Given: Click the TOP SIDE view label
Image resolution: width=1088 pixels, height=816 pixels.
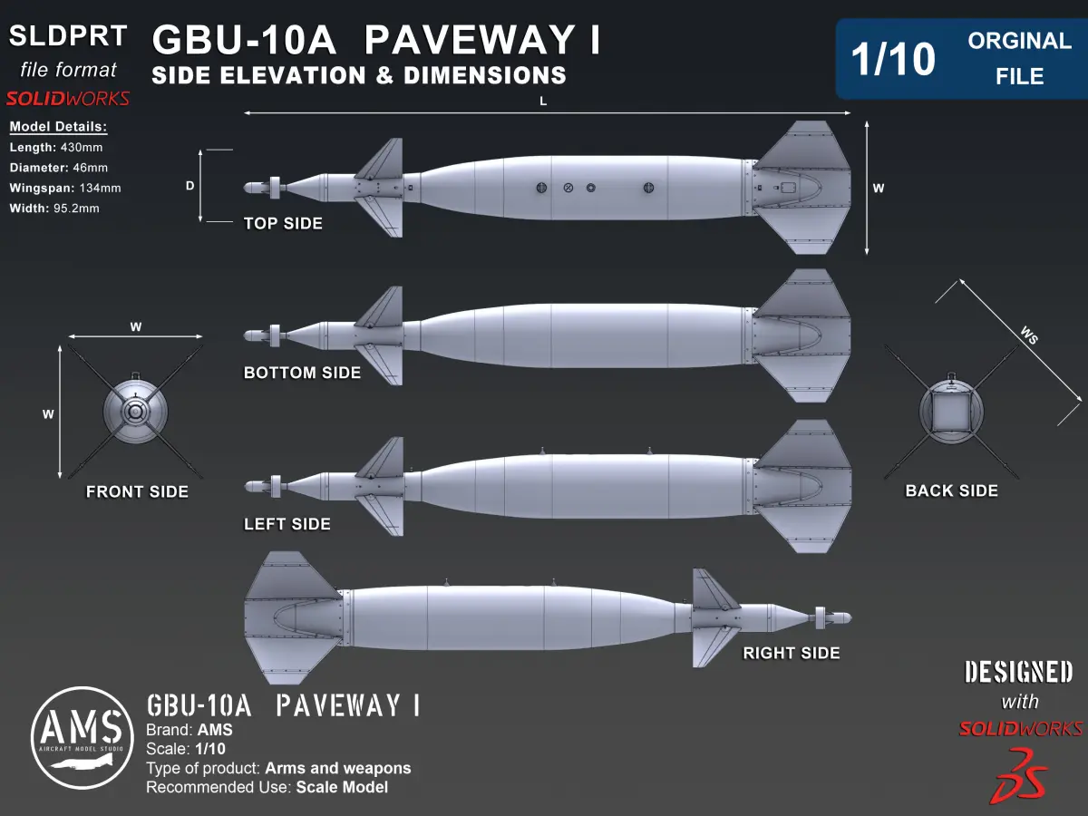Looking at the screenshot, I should (x=283, y=223).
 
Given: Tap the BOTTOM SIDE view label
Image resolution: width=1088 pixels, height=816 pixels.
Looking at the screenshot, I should (x=302, y=373).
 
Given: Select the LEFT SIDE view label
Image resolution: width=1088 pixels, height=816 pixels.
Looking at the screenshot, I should (x=287, y=524).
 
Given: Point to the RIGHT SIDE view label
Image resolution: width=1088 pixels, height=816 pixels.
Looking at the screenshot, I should (x=792, y=653).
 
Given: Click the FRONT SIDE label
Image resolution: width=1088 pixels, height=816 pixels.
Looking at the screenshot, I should (x=137, y=491).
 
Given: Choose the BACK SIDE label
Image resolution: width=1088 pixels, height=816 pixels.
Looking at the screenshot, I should (x=951, y=491).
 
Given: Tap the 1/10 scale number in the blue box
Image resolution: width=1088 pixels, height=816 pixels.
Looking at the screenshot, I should (x=892, y=60).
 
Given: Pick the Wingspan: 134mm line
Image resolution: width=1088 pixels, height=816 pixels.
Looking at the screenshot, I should (x=64, y=188).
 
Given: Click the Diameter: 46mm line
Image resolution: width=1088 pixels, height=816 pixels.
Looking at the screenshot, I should (x=58, y=168).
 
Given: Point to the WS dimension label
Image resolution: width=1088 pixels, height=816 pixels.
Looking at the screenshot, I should (x=1028, y=335).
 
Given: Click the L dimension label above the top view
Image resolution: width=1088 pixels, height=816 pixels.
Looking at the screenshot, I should (x=543, y=102).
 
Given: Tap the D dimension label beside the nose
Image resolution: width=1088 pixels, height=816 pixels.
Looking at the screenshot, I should (x=190, y=185).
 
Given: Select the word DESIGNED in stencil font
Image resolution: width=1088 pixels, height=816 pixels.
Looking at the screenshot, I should (x=1018, y=672).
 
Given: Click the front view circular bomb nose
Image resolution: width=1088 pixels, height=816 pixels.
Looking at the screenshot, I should (x=134, y=413).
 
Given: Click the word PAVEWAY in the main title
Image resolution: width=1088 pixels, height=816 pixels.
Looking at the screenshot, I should (x=471, y=41).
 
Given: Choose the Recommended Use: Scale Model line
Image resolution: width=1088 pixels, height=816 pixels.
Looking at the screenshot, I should (x=267, y=787).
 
